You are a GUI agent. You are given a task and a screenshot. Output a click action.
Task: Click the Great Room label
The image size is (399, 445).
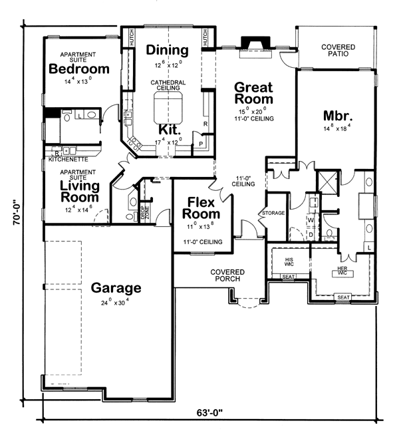[x=253, y=92]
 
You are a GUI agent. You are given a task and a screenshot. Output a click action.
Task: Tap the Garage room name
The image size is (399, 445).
[x=116, y=288]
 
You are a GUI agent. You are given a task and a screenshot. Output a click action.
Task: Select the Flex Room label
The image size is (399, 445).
[x=203, y=208]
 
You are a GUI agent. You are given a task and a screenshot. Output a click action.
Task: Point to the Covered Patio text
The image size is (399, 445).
[x=338, y=51]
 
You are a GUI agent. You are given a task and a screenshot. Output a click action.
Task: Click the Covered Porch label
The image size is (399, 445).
[x=227, y=277]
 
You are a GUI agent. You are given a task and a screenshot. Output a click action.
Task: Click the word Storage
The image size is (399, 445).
[x=273, y=214]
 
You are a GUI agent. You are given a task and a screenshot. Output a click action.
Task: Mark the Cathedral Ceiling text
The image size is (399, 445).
[x=167, y=85]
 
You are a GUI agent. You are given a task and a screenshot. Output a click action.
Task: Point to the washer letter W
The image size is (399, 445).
[x=311, y=219]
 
